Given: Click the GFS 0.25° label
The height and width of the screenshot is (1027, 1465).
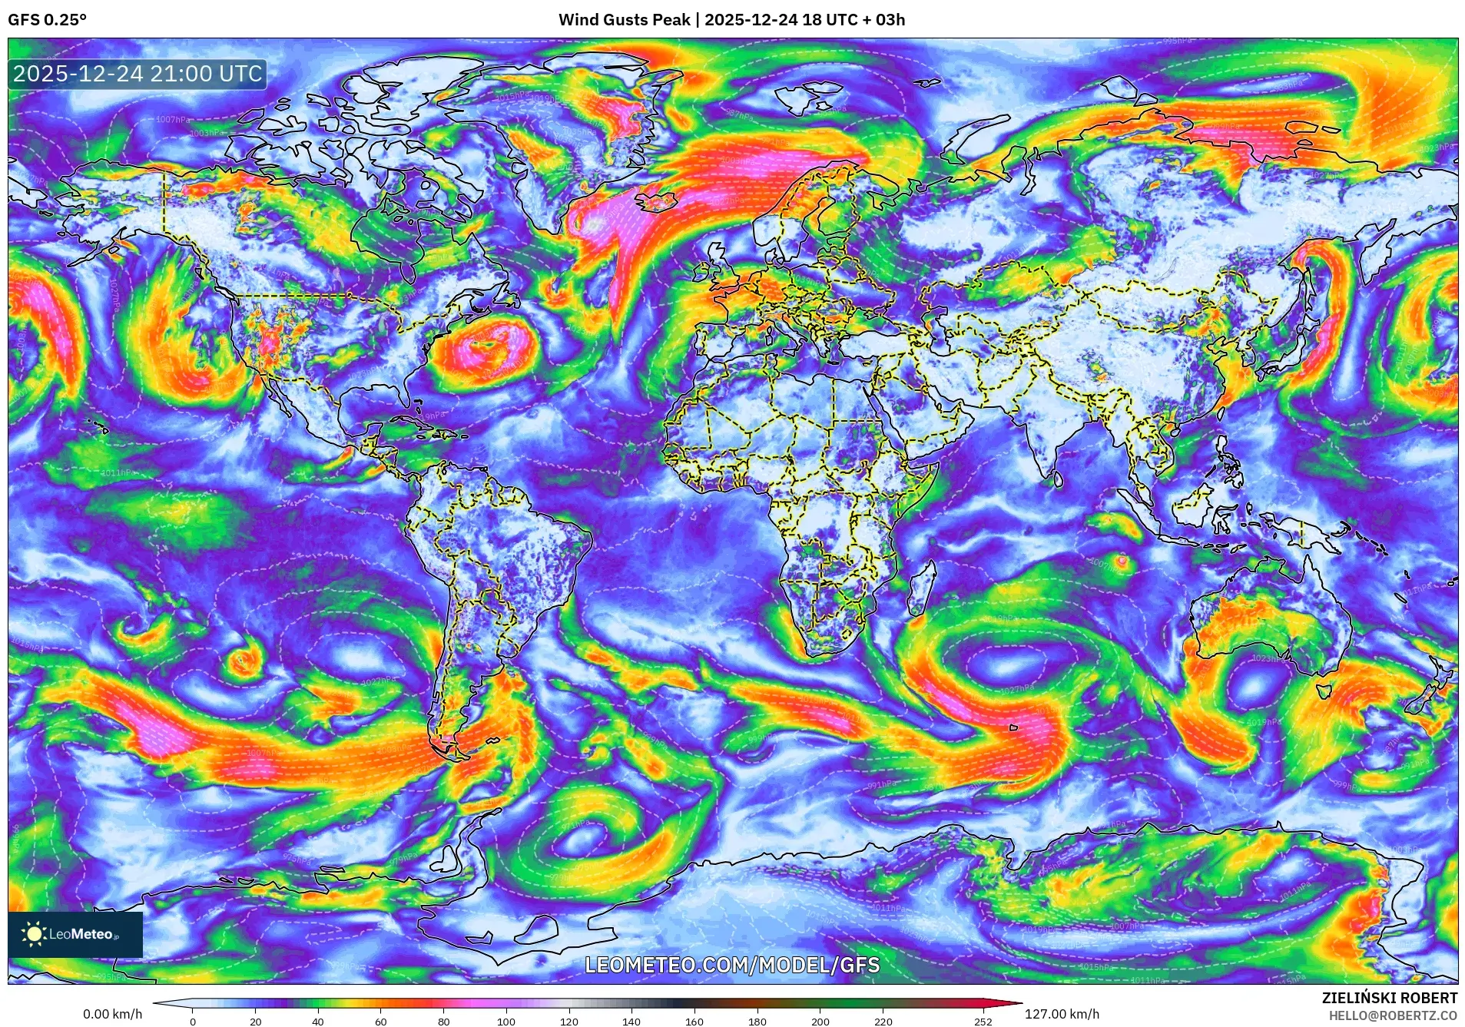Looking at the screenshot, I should point(47,20).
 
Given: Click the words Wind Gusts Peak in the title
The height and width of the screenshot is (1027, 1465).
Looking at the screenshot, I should point(624,20).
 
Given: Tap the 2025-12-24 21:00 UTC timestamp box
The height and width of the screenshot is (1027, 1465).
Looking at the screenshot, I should point(138,74).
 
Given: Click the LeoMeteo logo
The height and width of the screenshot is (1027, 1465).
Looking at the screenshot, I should point(75,934).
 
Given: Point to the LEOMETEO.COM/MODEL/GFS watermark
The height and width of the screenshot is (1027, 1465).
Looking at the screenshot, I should point(732,965).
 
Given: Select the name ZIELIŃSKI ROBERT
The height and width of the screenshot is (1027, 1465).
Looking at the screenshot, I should point(1389,998).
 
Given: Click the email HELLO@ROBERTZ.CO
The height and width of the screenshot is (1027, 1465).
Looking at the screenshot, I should point(1393,1015).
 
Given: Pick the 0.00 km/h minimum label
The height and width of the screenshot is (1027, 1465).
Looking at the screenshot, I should point(112,1014).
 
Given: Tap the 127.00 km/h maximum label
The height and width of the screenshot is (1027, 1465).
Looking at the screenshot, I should point(1062,1014).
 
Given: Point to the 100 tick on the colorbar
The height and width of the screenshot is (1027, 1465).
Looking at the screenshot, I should point(505,1022).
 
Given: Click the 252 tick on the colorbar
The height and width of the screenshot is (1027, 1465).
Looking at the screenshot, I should point(983,1022).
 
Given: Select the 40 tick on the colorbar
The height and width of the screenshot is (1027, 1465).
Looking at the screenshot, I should point(318,1022).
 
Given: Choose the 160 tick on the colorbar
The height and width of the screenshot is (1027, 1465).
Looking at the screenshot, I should point(694,1022).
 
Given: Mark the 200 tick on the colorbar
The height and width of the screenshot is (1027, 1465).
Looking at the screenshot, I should point(820,1022).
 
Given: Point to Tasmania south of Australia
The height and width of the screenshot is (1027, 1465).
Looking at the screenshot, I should point(1324,691).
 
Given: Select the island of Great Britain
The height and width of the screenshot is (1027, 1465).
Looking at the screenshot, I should point(719,269).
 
